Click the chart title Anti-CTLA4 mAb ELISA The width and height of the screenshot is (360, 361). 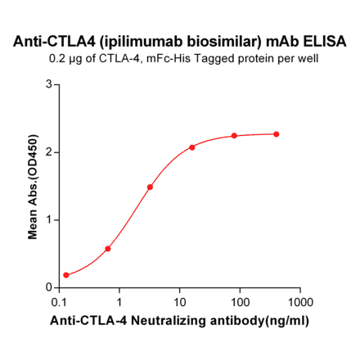point(181,40)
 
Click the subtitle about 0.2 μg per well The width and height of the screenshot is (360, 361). point(181,58)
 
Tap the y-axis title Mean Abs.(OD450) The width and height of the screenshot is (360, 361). point(34,186)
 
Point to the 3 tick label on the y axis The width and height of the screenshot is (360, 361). point(49,84)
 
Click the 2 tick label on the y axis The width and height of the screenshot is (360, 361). point(49,152)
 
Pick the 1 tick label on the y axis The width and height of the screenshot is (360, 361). point(49,219)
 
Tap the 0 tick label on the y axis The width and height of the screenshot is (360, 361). point(49,287)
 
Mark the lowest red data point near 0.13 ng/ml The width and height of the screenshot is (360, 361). point(66,275)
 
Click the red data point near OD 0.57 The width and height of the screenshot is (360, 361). point(108,248)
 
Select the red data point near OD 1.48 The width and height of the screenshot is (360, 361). point(150,187)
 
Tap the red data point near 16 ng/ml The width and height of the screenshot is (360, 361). point(192,147)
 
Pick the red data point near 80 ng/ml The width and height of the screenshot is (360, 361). point(234,136)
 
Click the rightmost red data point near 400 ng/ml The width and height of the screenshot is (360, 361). point(277,134)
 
